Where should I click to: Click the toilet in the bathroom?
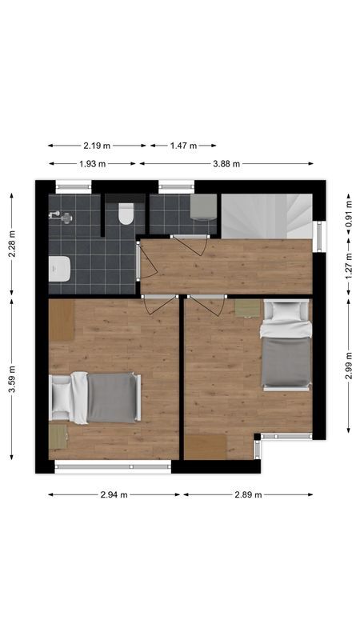[126, 214]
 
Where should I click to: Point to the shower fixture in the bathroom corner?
[58, 215]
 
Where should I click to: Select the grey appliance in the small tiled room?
[203, 207]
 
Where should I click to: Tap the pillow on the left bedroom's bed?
[62, 397]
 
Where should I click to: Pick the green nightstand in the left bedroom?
[58, 436]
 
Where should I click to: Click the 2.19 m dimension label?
[97, 146]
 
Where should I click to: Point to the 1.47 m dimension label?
[182, 146]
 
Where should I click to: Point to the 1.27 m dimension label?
[349, 269]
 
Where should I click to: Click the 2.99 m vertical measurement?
[349, 368]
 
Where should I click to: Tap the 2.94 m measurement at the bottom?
[114, 494]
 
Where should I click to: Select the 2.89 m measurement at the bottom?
[248, 494]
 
